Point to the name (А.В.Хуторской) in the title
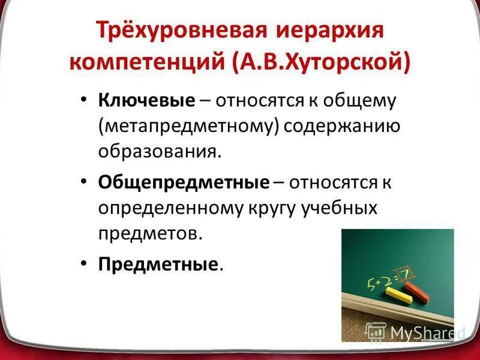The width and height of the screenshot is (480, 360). click(x=321, y=62)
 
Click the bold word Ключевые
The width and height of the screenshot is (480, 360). click(x=147, y=100)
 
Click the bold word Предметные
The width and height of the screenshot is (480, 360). click(x=157, y=265)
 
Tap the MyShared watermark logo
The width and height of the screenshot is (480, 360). click(x=415, y=331)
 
